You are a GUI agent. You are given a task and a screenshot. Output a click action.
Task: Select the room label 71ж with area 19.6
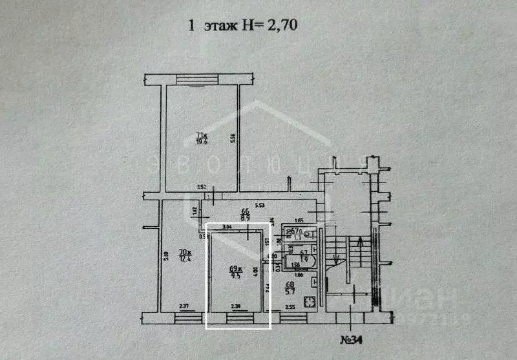point(202,138)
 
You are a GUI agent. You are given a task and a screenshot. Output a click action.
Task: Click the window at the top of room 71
point(202,80)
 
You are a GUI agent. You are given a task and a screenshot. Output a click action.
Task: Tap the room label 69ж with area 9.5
point(235,272)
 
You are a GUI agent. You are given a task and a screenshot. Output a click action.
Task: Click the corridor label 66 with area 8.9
point(246,215)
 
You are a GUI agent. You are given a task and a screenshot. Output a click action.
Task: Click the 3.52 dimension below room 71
point(202,187)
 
